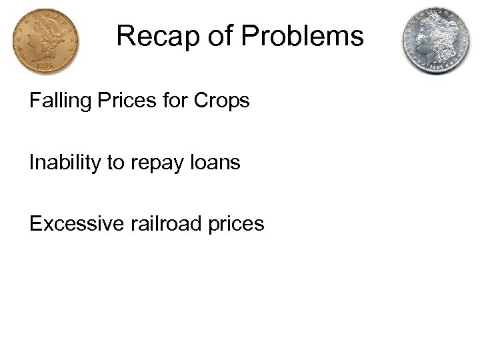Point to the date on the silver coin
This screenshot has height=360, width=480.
coord(435,69)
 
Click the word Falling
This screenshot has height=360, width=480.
coord(57,101)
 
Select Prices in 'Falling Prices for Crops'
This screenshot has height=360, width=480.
coord(121,101)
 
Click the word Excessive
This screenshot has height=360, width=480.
coord(73,224)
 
